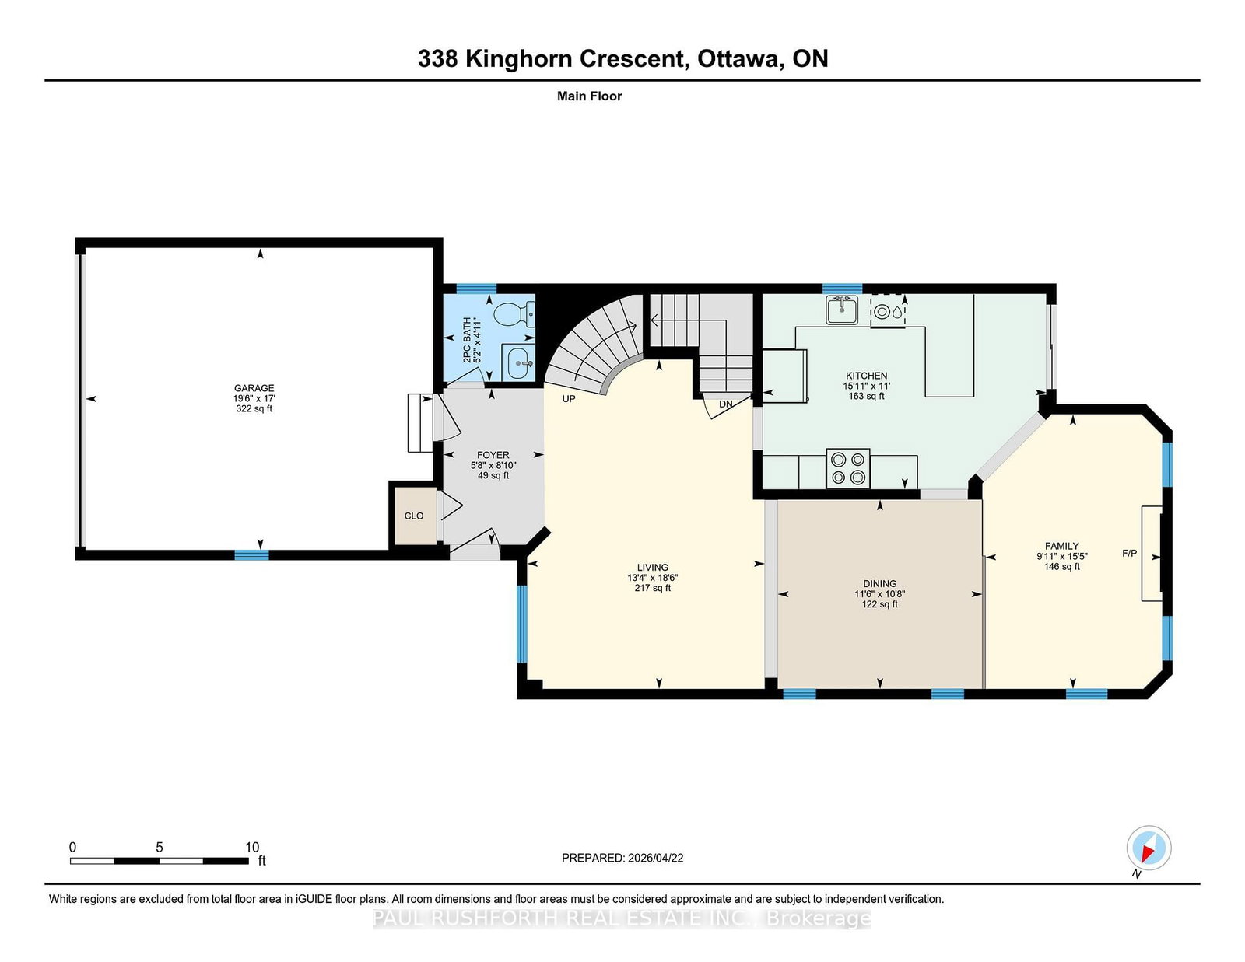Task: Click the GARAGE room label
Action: point(254,387)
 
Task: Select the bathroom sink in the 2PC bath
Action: point(518,362)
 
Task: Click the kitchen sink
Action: point(842,310)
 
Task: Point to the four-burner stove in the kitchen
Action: point(848,468)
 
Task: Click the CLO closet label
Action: point(414,516)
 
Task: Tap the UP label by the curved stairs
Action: point(568,398)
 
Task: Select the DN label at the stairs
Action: point(726,404)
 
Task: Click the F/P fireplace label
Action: point(1129,553)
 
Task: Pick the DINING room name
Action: point(880,584)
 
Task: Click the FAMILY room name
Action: point(1061,546)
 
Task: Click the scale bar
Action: point(160,861)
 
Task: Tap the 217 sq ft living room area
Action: point(653,588)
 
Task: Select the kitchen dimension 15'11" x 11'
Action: point(866,386)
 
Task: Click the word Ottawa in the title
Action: point(740,59)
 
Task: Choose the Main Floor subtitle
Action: point(590,96)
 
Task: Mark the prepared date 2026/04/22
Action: point(655,858)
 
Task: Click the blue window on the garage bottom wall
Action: point(251,554)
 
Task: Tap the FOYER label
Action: point(493,455)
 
